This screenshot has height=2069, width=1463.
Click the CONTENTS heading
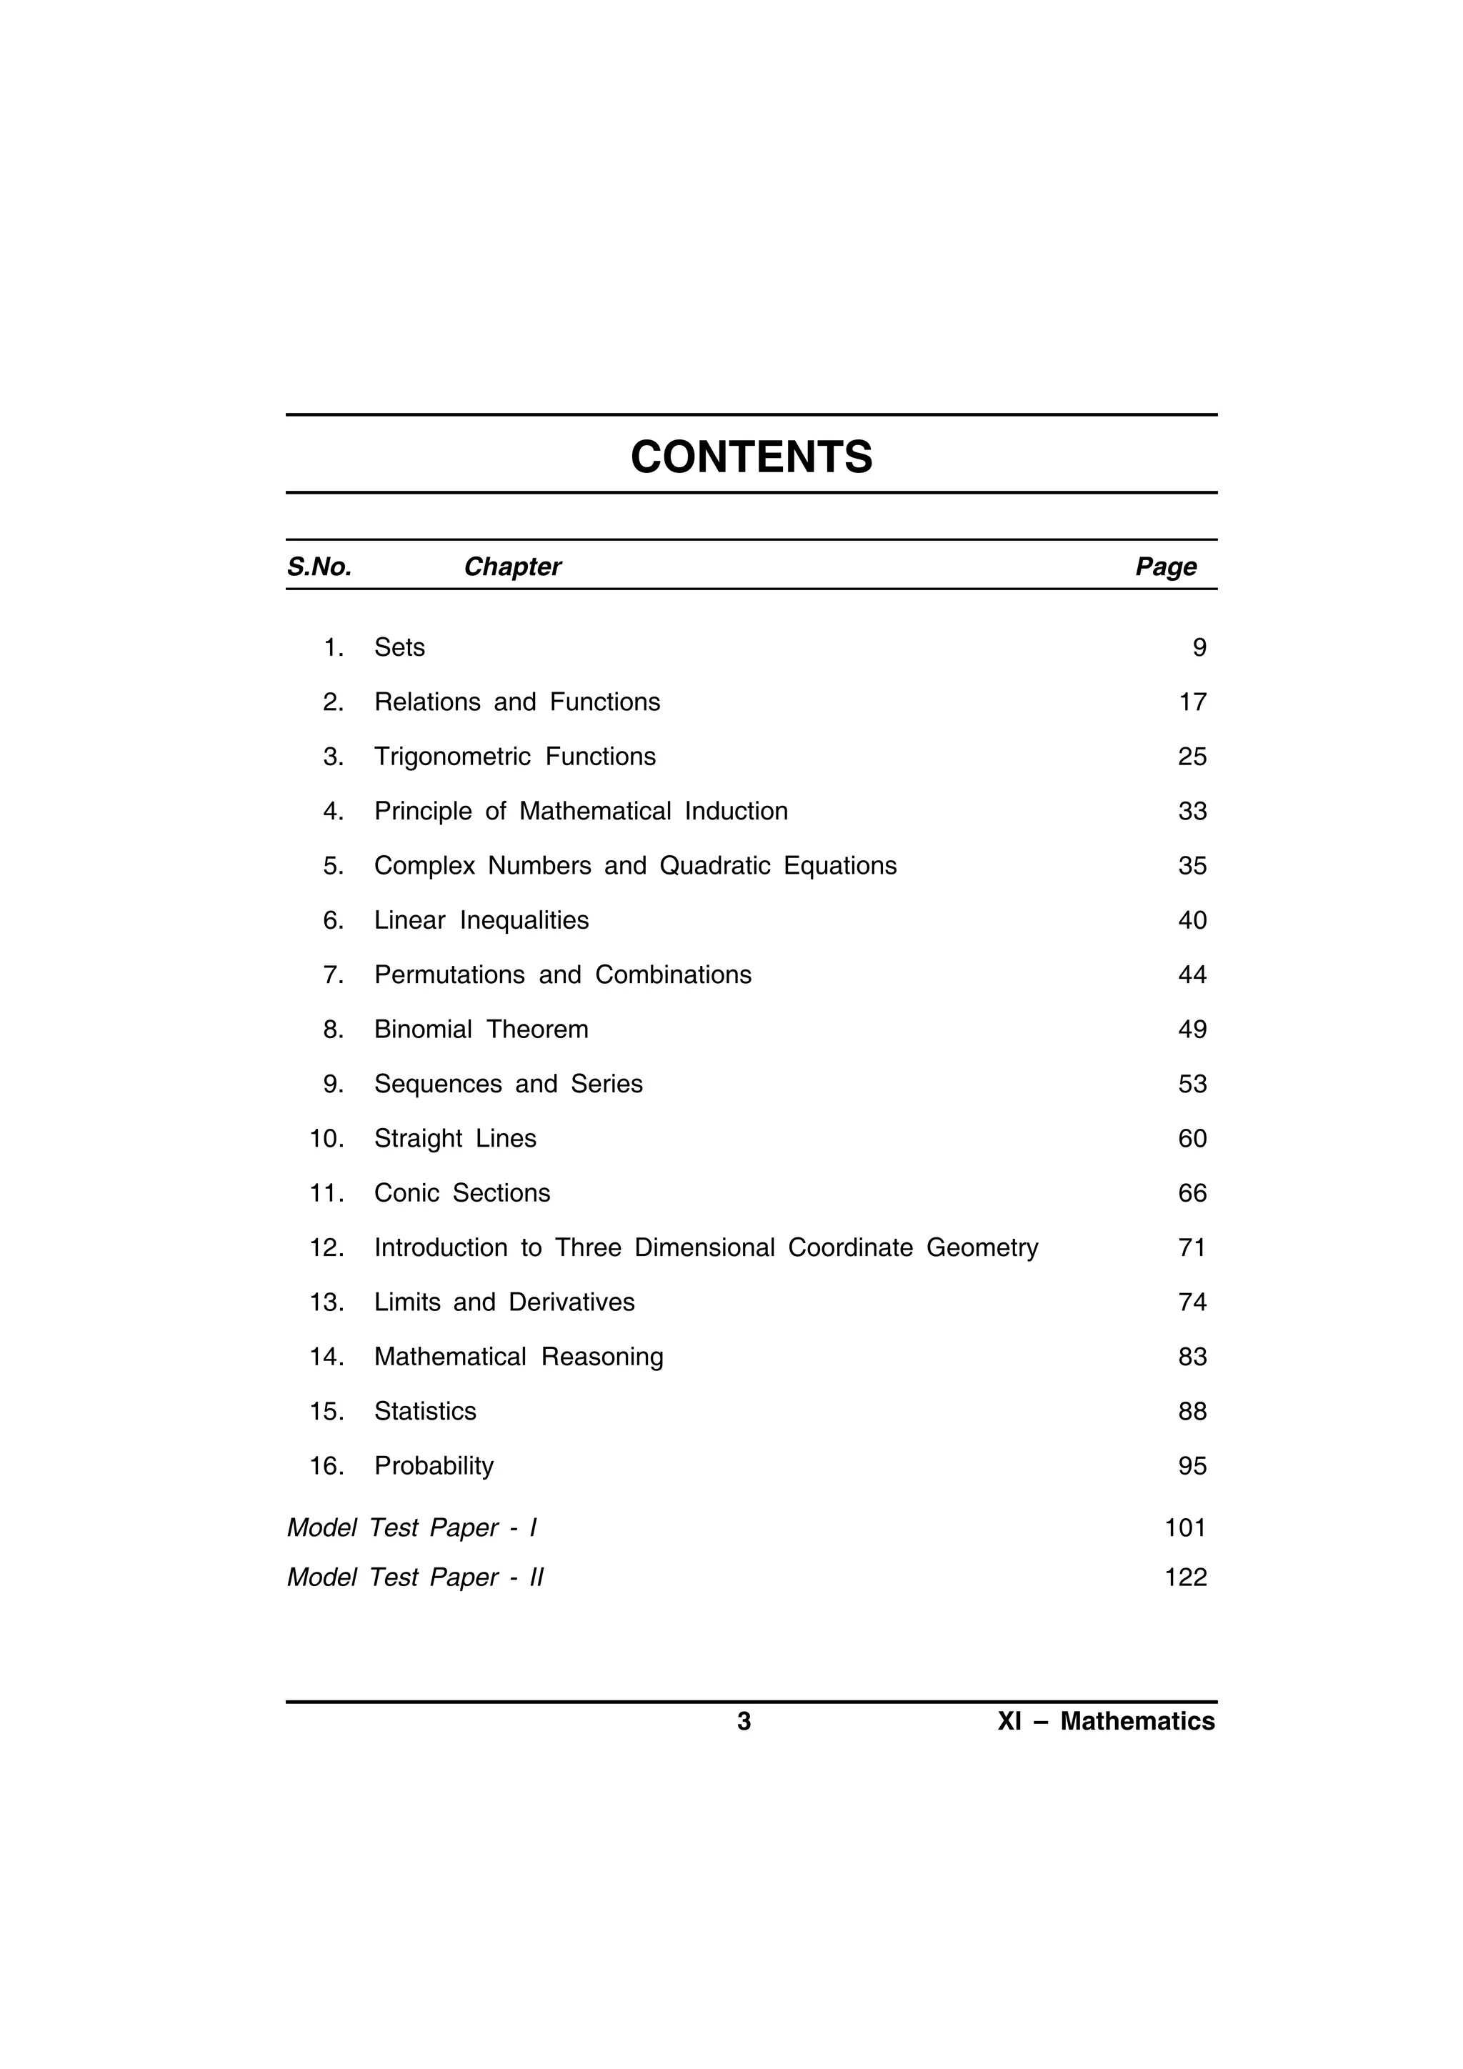pos(752,457)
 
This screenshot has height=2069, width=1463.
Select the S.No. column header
pos(319,567)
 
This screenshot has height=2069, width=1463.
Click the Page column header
pos(1166,567)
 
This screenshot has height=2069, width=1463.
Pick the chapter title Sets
pos(399,648)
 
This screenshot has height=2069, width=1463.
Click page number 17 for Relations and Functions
pos(1192,702)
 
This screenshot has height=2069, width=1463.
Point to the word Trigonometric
pos(452,757)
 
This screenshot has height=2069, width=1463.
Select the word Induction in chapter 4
pos(736,811)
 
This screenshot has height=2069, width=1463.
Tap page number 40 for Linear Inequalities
pos(1192,920)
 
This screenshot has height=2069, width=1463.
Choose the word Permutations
pos(449,975)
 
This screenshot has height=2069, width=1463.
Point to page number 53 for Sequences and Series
pos(1192,1084)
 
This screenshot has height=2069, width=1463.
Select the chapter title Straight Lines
pos(455,1139)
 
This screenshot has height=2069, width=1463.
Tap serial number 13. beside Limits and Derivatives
pos(327,1302)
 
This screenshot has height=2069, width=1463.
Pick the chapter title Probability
pos(434,1466)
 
